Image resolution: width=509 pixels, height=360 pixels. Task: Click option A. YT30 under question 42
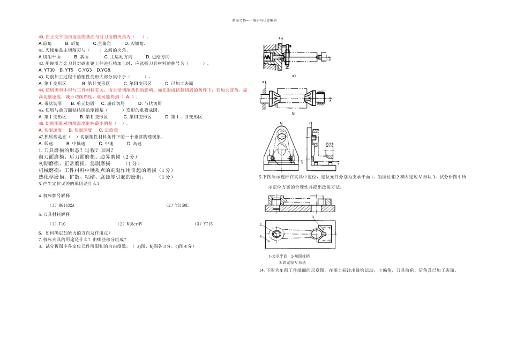coord(47,70)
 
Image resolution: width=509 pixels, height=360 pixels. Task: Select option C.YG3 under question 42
coord(85,70)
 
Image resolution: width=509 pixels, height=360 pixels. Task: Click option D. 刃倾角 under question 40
coord(134,43)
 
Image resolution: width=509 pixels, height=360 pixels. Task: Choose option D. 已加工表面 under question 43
coord(179,84)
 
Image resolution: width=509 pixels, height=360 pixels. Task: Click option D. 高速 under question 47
coord(134,144)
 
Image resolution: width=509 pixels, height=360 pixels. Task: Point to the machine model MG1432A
coord(62,205)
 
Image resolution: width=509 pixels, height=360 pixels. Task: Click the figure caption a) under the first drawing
coord(294,76)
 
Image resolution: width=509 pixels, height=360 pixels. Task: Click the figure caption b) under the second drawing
coord(294,114)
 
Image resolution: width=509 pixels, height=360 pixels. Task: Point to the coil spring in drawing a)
coord(267,55)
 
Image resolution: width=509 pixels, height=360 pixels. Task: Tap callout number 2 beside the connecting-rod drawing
coord(261,224)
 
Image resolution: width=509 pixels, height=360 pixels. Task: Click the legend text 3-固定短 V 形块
coord(292,262)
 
